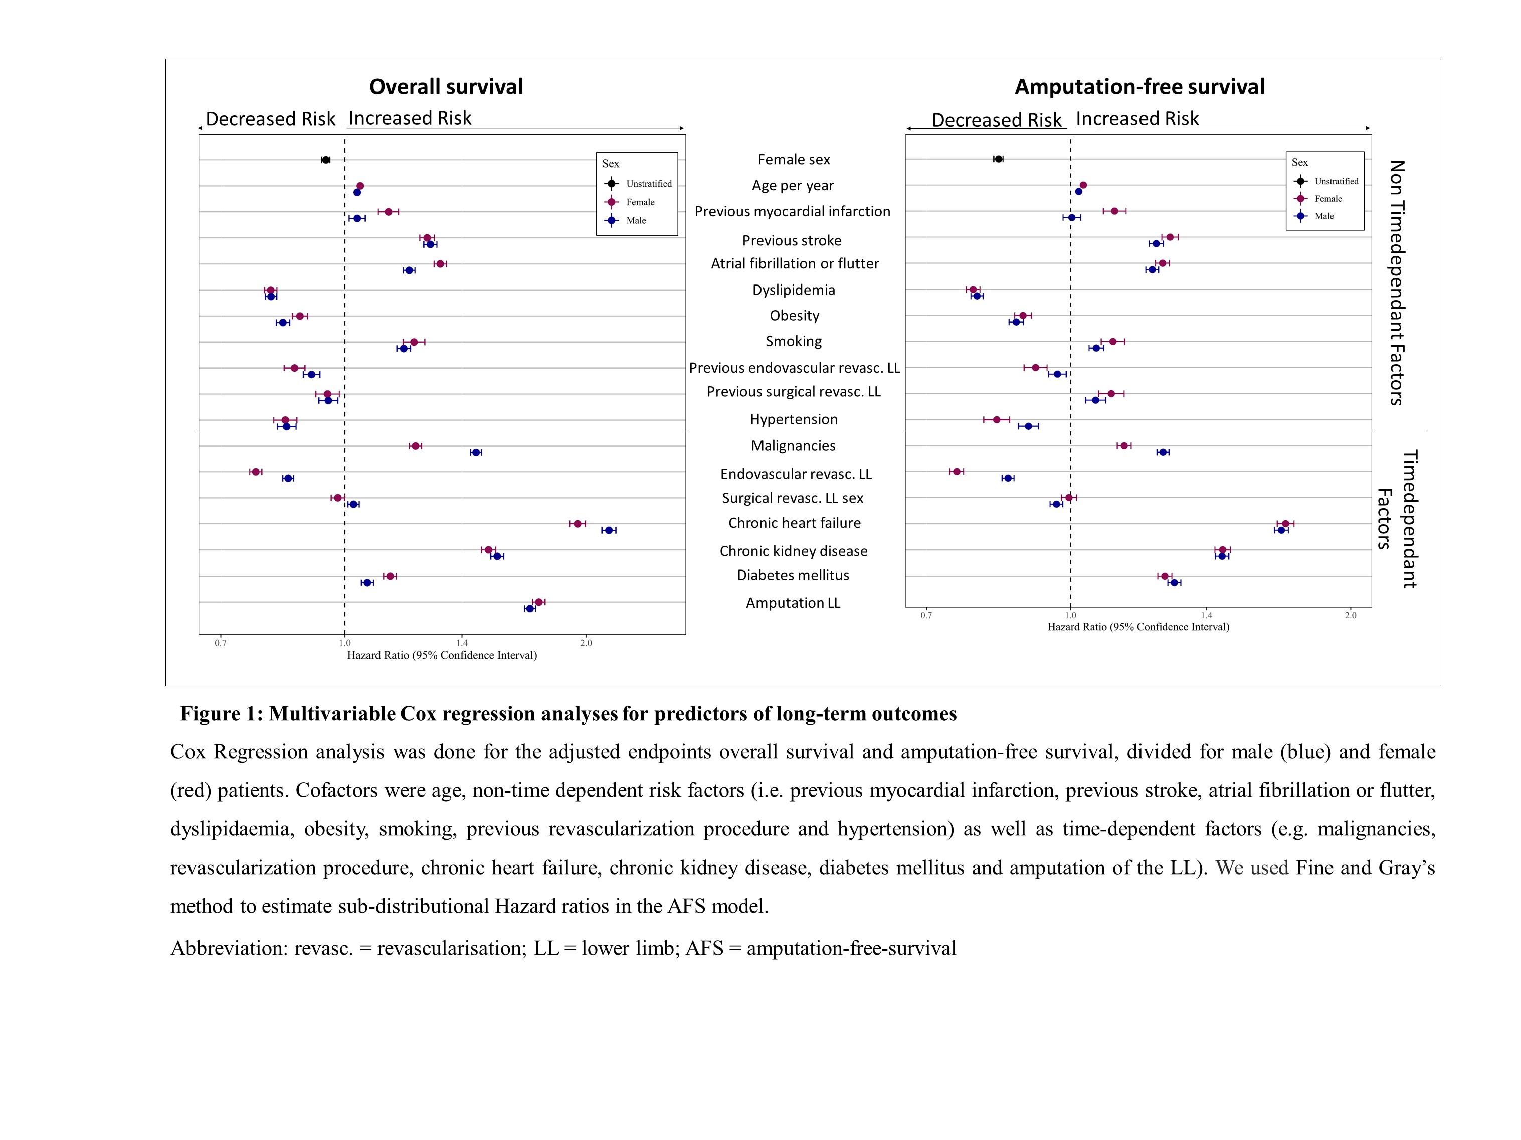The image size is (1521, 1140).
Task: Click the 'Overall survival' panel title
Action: coord(446,87)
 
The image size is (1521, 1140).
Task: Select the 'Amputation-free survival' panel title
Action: coord(1139,87)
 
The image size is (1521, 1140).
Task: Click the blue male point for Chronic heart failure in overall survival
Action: coord(608,530)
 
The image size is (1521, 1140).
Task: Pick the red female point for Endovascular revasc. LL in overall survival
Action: coord(256,472)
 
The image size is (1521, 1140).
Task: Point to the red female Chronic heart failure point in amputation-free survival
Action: coord(1285,523)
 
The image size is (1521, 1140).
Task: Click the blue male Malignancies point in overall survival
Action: coord(475,452)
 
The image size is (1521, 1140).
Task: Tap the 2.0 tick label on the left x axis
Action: coord(586,643)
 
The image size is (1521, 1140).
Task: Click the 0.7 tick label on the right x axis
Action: coord(926,615)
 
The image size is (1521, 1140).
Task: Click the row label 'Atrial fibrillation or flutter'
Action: coord(795,264)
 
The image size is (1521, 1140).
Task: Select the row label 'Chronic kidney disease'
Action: coord(794,551)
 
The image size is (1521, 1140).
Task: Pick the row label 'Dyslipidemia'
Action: coord(794,290)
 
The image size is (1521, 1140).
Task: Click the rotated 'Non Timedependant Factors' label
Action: coord(1397,282)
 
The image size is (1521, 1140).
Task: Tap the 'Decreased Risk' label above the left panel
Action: coord(271,119)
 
